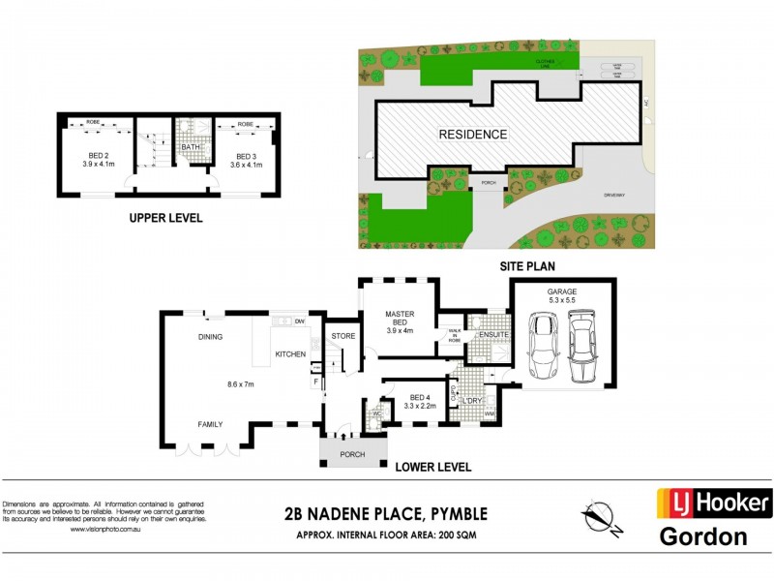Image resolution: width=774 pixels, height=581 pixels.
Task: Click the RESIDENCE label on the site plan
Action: pos(474,134)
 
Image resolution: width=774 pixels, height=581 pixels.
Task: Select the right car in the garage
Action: pos(582,347)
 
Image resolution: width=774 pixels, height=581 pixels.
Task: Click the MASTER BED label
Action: pos(400,320)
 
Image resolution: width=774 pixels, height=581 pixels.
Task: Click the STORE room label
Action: pos(343,336)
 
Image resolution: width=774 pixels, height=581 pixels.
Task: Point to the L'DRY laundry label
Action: pos(472,400)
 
